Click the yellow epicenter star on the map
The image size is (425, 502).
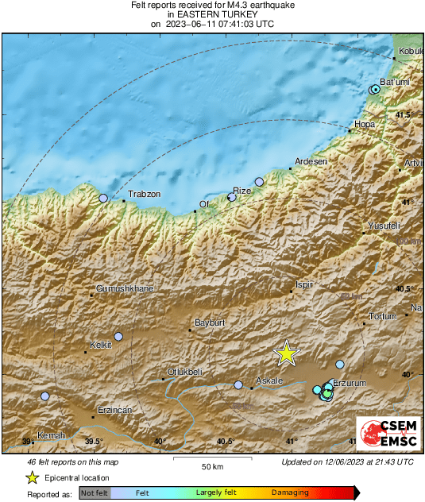[x=287, y=354]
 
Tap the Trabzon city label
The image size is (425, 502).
[x=145, y=195]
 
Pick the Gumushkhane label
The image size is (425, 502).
[x=125, y=288]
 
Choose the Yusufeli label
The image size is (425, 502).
[x=384, y=226]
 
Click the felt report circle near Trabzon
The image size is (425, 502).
[x=102, y=198]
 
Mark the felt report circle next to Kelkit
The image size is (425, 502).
[x=118, y=337]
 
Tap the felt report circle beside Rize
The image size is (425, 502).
[x=232, y=197]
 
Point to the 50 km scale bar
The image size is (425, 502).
[x=210, y=458]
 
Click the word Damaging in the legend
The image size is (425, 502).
[x=291, y=493]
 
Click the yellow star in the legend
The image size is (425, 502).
[x=33, y=477]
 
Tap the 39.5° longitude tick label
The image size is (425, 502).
[x=94, y=442]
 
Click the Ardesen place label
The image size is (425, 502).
[x=311, y=161]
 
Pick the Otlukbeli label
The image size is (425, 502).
[x=184, y=373]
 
